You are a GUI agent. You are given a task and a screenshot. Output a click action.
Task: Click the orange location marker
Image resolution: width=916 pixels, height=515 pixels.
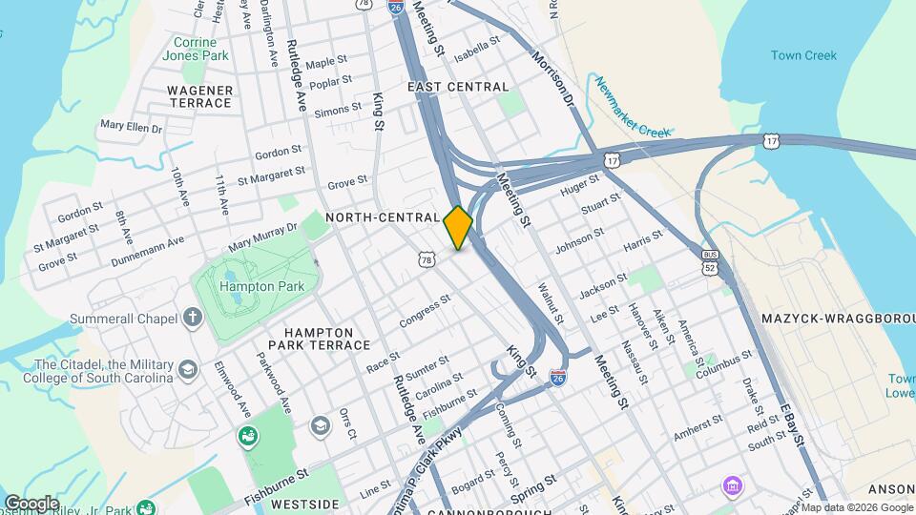coord(458,228)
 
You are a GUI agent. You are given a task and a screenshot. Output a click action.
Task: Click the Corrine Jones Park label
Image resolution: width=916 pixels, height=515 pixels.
coord(201,50)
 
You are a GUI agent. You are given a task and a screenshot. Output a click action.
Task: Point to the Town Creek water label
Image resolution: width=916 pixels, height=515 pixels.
coord(803,55)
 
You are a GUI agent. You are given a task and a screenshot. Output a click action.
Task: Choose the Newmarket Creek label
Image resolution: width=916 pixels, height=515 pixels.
coord(635,106)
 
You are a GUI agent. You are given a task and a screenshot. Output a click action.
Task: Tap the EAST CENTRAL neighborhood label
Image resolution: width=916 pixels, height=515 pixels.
coord(458,87)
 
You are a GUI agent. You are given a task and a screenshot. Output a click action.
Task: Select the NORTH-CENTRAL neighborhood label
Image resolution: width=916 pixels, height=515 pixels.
coord(382,217)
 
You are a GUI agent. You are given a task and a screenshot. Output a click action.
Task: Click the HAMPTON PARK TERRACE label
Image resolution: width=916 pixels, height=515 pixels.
coord(318,339)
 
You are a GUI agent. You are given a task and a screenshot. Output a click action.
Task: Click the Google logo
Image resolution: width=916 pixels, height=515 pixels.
coord(31,503)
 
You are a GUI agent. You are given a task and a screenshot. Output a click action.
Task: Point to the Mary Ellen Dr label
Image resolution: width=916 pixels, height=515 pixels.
coord(132,126)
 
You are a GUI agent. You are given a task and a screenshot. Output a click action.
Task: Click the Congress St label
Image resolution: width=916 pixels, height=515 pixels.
coord(424,312)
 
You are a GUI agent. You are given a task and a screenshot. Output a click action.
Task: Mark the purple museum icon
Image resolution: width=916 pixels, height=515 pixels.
coord(732,487)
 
